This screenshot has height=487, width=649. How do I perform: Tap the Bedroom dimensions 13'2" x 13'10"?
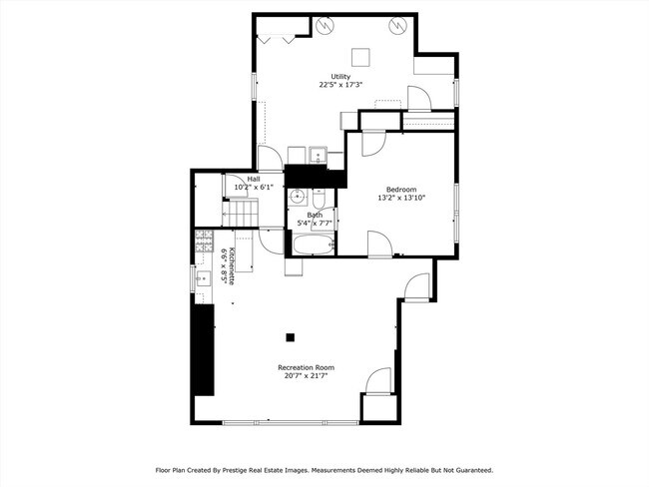pyautogui.click(x=400, y=198)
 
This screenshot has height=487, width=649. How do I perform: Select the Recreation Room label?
pyautogui.click(x=306, y=367)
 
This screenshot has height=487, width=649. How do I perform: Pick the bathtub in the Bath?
pyautogui.click(x=315, y=243)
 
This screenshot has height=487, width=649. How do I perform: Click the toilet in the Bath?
pyautogui.click(x=317, y=198)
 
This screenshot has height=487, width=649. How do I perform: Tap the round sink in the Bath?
pyautogui.click(x=297, y=199)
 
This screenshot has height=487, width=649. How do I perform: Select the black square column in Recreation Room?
pyautogui.click(x=290, y=336)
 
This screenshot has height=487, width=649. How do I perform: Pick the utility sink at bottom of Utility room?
pyautogui.click(x=318, y=155)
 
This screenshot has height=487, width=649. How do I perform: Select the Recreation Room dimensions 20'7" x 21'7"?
pyautogui.click(x=306, y=377)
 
